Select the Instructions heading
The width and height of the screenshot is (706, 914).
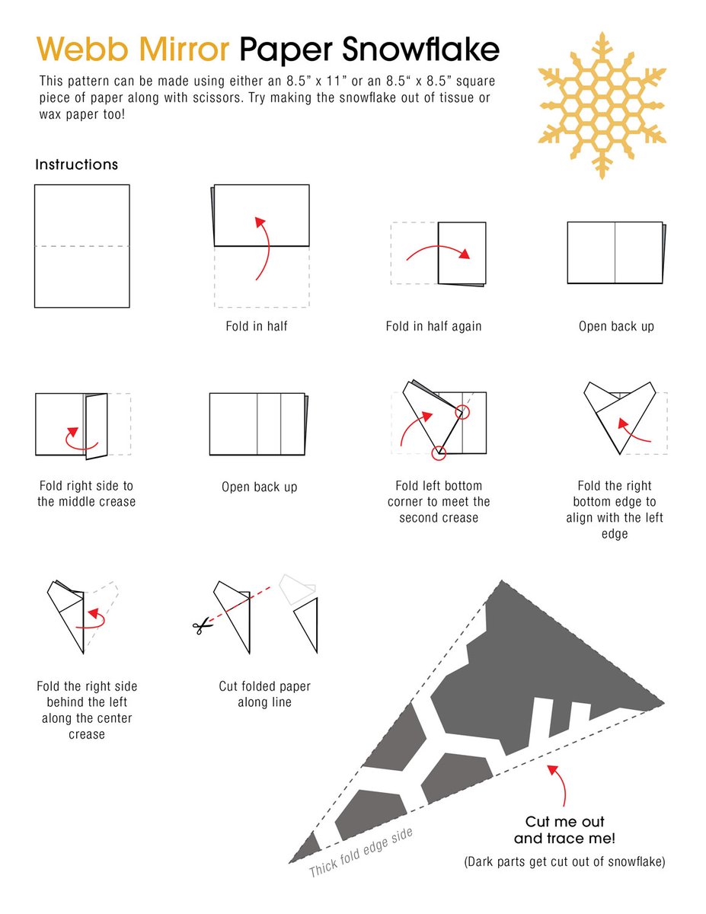[x=76, y=165]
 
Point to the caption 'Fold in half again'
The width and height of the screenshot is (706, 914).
[x=433, y=326]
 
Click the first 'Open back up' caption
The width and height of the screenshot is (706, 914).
[x=616, y=326]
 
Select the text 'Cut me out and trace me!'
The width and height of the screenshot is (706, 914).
[x=564, y=830]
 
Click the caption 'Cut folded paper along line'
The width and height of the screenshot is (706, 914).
[x=264, y=695]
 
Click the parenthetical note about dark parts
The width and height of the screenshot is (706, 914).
[x=564, y=862]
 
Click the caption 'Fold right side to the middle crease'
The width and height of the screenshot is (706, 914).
[x=86, y=494]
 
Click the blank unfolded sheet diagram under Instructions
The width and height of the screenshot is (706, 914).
[x=81, y=246]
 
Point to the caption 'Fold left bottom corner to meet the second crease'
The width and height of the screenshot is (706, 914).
[x=439, y=502]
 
